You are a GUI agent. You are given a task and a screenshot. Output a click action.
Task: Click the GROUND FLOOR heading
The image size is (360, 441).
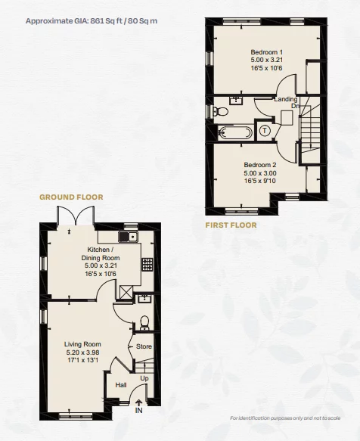(71, 197)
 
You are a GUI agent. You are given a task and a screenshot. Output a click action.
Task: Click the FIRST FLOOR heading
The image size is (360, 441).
(231, 225)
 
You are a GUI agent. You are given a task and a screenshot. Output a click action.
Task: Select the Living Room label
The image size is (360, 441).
(82, 352)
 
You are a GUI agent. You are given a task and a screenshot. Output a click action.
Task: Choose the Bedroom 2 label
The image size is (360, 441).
(259, 172)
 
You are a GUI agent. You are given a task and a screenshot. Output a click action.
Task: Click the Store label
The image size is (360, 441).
(144, 346)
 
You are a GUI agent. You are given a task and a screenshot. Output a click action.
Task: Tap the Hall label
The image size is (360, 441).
(120, 385)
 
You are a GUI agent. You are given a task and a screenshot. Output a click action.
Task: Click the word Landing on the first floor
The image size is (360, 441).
(286, 99)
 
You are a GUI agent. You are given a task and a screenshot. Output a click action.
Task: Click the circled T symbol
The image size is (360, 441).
(265, 131)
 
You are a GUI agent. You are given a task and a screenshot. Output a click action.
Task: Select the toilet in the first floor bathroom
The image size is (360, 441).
(220, 111)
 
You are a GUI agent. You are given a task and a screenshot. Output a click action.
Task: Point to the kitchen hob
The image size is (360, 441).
(146, 266)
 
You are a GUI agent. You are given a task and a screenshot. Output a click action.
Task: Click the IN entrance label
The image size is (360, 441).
(138, 411)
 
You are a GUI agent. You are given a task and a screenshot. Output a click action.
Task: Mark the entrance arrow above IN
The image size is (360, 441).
(138, 401)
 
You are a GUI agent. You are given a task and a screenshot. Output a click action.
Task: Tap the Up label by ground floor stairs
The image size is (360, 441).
(144, 377)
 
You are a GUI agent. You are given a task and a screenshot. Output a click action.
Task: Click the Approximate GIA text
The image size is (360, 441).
(91, 20)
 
